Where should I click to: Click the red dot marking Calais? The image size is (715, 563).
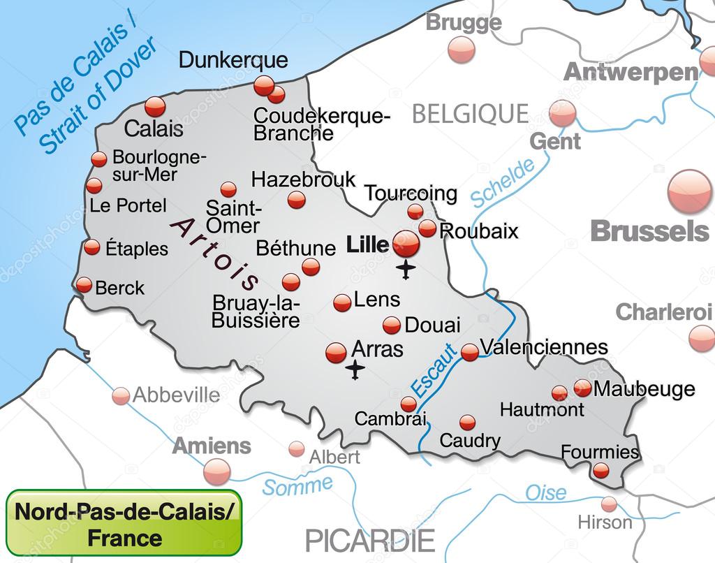[155, 107]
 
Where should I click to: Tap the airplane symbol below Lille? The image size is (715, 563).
[405, 269]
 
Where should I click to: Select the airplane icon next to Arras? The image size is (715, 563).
[356, 370]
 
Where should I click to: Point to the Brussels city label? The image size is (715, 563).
[650, 231]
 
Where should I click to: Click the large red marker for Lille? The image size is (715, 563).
[405, 243]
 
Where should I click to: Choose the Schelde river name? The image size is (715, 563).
[503, 183]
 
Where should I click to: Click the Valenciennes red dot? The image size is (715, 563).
[470, 353]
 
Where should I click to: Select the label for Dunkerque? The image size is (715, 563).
[233, 60]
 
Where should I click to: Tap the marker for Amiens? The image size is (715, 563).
[216, 473]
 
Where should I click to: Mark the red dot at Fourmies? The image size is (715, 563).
[600, 470]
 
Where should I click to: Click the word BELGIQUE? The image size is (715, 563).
[470, 113]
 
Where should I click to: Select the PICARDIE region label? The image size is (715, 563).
[370, 540]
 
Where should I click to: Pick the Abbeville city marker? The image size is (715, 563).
[121, 396]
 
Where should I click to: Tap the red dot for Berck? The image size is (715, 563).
[84, 285]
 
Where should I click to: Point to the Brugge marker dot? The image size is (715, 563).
[461, 50]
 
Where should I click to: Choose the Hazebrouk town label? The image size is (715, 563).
[303, 180]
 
